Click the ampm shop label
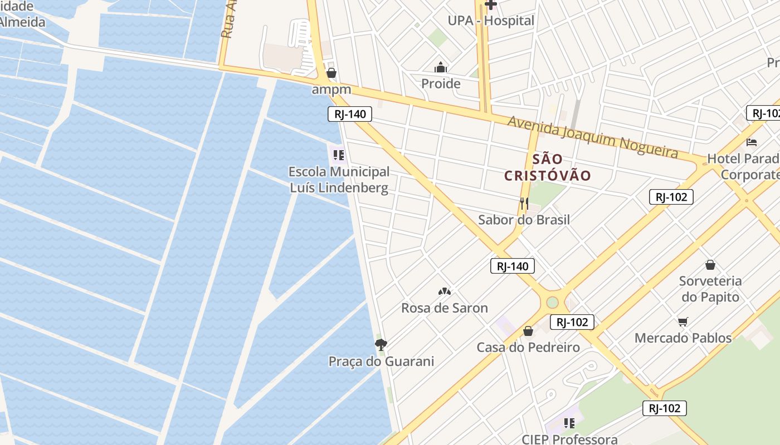331,89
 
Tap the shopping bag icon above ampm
331,73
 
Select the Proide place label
441,84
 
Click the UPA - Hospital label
491,21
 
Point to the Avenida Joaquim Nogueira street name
592,136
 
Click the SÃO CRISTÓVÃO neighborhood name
548,167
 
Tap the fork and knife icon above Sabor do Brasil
524,203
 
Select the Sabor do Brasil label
524,220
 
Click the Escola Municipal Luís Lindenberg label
339,180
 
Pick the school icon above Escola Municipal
339,155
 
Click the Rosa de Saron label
445,308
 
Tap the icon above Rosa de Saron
445,291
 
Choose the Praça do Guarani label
381,362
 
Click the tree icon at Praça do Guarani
381,345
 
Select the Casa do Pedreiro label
528,348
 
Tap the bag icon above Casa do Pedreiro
528,332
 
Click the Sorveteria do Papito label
710,289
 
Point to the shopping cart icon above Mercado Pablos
683,322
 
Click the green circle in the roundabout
552,302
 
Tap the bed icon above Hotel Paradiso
752,142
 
